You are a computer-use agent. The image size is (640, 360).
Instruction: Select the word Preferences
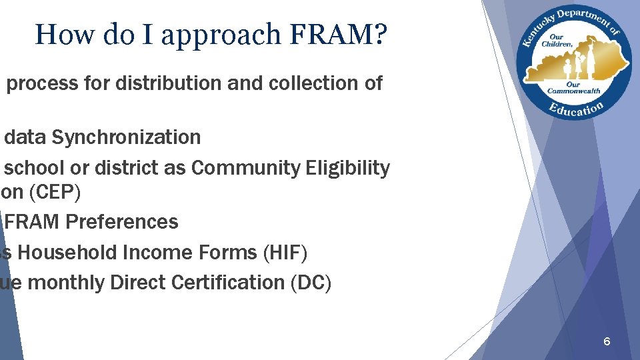tap(121, 222)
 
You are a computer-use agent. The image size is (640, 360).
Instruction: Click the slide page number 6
tap(606, 341)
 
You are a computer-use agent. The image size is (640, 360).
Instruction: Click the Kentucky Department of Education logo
tap(573, 62)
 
